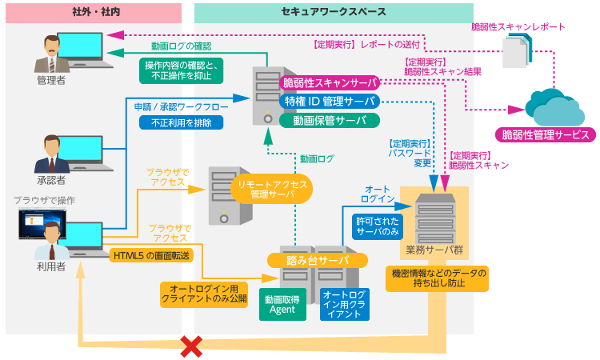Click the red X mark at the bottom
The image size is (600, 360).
[190, 346]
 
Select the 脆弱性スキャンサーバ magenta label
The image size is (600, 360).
[329, 82]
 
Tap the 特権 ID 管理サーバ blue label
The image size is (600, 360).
[329, 102]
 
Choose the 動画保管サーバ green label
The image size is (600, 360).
[329, 121]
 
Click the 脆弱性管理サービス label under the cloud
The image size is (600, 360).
[544, 134]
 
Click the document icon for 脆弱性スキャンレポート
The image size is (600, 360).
[512, 55]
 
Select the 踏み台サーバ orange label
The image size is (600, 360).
[318, 261]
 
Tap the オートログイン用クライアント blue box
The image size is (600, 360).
[345, 305]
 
